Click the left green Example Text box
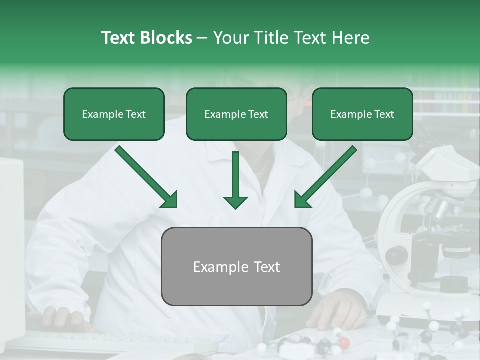(x=114, y=114)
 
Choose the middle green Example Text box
(x=236, y=114)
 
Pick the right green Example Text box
(x=362, y=114)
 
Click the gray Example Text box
(x=237, y=266)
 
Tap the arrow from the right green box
(x=325, y=177)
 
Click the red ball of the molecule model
(x=344, y=342)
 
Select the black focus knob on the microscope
(x=396, y=255)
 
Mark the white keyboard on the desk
(x=100, y=342)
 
